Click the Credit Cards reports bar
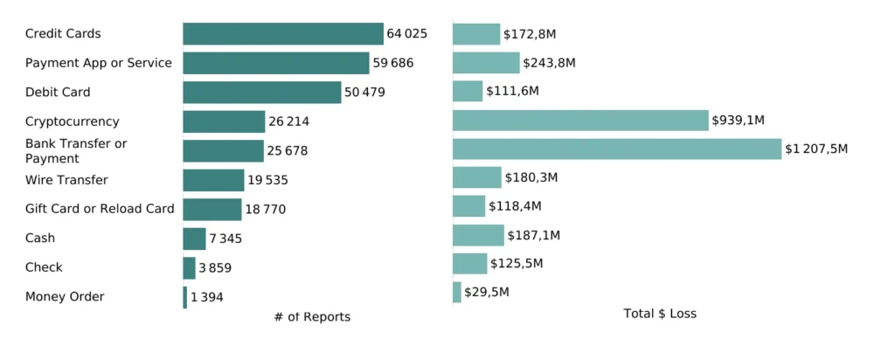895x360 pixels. click(282, 34)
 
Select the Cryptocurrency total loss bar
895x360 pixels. click(580, 121)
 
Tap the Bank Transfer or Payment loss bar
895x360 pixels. click(617, 149)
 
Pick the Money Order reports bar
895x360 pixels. click(185, 297)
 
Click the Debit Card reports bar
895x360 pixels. click(261, 93)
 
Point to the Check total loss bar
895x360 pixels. click(469, 264)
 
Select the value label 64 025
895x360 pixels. click(406, 34)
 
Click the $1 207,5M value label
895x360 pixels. click(816, 149)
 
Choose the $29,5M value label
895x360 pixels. click(487, 292)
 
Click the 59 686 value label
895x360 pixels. click(393, 63)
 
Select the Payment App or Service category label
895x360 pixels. click(98, 63)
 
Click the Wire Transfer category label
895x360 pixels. click(66, 180)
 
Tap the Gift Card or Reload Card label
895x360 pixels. click(100, 209)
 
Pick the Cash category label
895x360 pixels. click(40, 238)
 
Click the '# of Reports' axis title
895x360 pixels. click(312, 317)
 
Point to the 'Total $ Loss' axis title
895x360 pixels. click(660, 313)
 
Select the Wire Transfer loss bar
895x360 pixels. click(476, 178)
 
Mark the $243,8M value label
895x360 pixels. click(549, 63)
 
